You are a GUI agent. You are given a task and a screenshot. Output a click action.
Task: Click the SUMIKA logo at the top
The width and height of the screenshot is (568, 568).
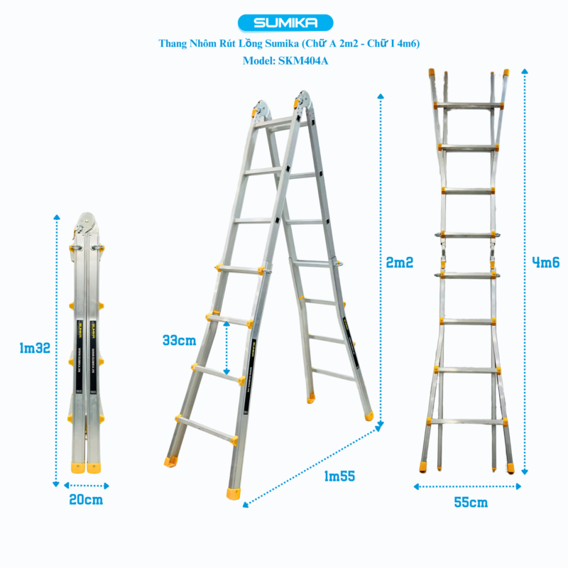(284, 23)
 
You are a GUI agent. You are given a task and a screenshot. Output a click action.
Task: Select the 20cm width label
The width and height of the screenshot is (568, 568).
(86, 500)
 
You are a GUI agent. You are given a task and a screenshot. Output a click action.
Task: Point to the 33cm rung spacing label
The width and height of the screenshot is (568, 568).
(179, 340)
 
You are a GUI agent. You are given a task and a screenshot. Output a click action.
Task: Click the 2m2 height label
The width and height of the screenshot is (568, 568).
(400, 262)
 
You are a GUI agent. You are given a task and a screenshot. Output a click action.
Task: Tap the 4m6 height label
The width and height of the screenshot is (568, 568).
(545, 262)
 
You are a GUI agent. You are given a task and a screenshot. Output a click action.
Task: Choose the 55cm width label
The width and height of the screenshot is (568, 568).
(470, 502)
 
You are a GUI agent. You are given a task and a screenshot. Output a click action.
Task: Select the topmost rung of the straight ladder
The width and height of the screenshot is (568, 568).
(469, 105)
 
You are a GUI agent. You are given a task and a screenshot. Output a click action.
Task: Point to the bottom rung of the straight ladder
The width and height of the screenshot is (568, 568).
(468, 422)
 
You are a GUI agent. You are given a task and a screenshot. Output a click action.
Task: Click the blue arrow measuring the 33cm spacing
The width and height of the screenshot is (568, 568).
(226, 348)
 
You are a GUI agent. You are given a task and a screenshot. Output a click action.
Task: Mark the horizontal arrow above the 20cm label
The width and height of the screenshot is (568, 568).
(86, 486)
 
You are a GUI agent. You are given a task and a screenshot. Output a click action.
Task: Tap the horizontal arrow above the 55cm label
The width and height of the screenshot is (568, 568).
(468, 486)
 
